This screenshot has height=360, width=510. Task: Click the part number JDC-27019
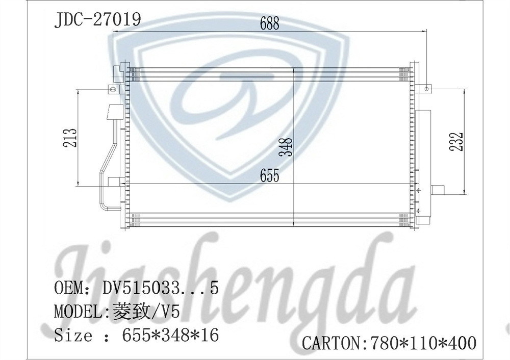coord(97,19)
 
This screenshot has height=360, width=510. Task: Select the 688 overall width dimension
coord(269,23)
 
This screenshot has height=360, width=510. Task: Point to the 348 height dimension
coord(288,147)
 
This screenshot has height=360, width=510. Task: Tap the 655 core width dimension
coord(269,175)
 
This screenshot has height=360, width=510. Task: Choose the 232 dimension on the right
coord(457,141)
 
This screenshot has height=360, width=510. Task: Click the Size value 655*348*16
coord(170,336)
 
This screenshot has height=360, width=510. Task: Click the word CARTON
coord(331,343)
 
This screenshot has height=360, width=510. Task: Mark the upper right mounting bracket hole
coord(426,89)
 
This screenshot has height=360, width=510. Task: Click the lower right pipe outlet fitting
coord(437,190)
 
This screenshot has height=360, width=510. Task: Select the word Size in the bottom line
coord(74,336)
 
